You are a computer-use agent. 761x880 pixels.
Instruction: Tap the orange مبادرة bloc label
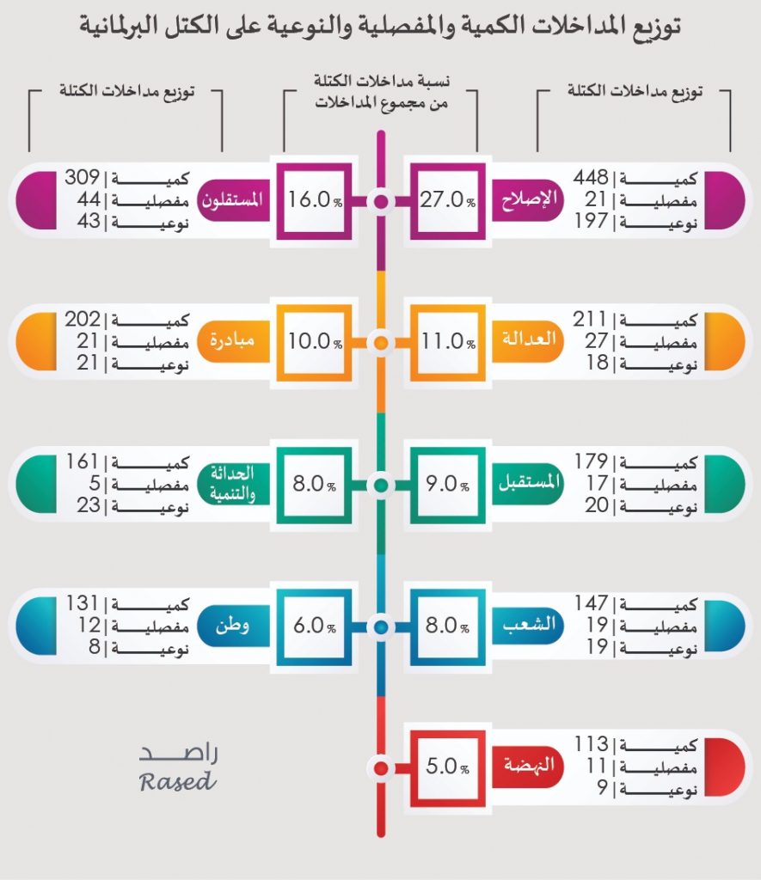pyautogui.click(x=232, y=341)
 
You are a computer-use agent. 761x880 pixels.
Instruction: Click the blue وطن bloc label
pyautogui.click(x=232, y=626)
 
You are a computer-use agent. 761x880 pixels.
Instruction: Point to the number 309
pyautogui.click(x=83, y=180)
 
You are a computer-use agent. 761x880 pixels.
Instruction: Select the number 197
pyautogui.click(x=592, y=223)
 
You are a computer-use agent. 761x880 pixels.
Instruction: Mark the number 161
pyautogui.click(x=83, y=462)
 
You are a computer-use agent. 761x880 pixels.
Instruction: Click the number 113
pyautogui.click(x=592, y=745)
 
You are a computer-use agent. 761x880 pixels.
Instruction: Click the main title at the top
pyautogui.click(x=380, y=28)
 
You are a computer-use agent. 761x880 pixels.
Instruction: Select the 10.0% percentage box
pyautogui.click(x=314, y=341)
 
